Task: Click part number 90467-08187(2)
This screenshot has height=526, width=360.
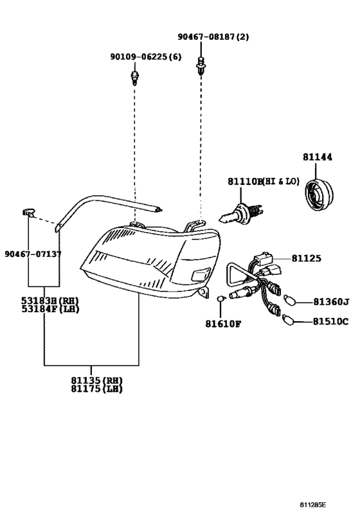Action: click(213, 37)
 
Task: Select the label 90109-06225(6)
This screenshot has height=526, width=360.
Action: click(146, 57)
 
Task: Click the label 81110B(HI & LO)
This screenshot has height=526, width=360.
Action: click(263, 182)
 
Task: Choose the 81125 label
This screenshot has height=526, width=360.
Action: click(306, 258)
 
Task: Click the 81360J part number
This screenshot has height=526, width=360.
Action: click(331, 301)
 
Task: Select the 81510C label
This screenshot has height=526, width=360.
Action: click(330, 321)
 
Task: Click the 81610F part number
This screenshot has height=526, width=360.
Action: click(223, 323)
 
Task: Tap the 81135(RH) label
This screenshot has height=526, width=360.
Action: click(96, 380)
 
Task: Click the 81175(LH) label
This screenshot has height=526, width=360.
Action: click(96, 389)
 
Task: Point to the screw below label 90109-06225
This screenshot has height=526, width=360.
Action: click(135, 79)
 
